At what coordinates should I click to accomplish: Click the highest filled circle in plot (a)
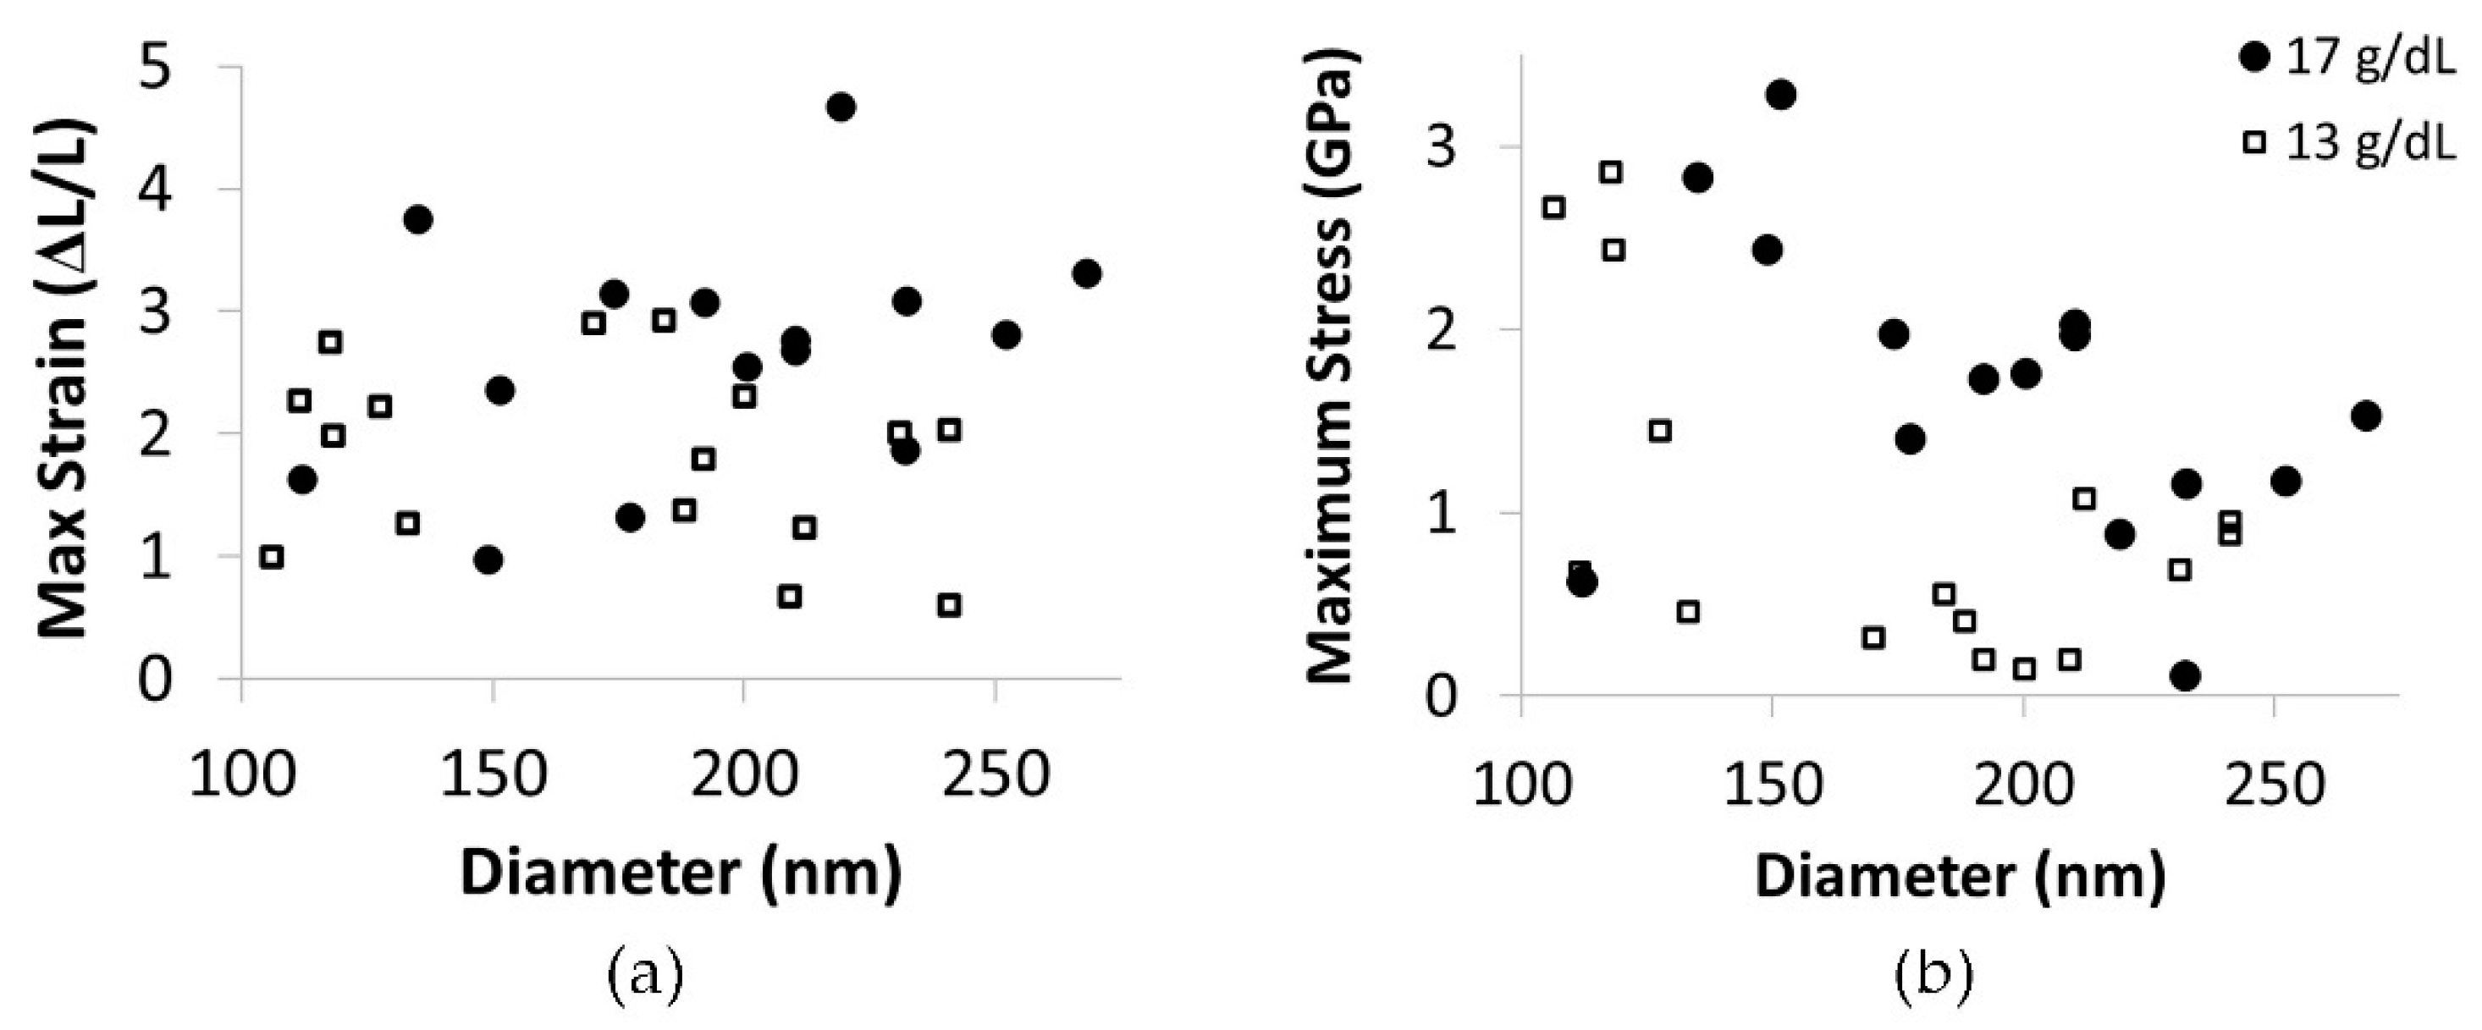[x=841, y=107]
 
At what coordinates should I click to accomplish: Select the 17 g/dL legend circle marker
[x=2254, y=58]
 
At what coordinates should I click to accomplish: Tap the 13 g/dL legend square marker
[x=2254, y=141]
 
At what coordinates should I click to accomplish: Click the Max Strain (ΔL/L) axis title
[x=64, y=377]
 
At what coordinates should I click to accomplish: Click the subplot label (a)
[x=644, y=976]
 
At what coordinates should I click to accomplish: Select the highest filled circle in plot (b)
[x=1780, y=95]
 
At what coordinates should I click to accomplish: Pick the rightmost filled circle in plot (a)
[x=1087, y=273]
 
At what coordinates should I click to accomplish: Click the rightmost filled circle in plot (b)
[x=2366, y=416]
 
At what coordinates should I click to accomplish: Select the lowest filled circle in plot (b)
[x=2187, y=675]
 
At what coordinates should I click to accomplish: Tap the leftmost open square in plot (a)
[x=272, y=557]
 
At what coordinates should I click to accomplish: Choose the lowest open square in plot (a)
[x=949, y=605]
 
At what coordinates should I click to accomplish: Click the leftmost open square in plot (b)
[x=1553, y=207]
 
